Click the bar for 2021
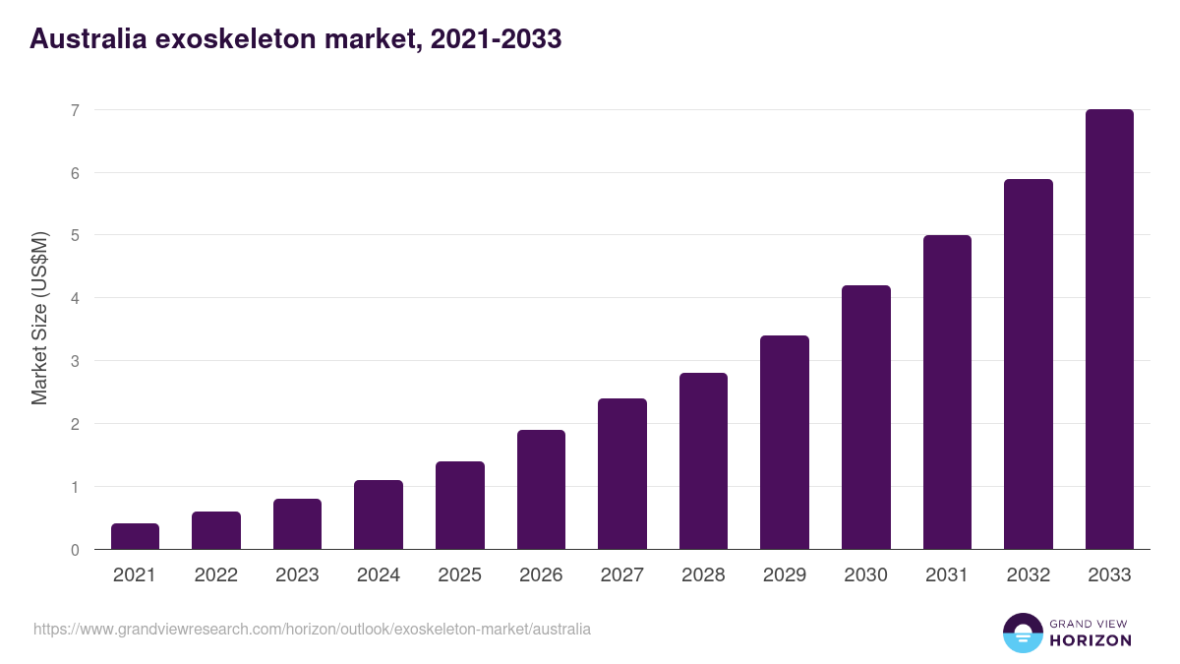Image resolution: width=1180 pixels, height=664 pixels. click(x=135, y=536)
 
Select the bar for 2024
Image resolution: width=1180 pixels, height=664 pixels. click(x=379, y=514)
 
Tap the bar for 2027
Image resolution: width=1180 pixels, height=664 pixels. click(x=622, y=473)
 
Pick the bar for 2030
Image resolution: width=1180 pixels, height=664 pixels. click(x=866, y=417)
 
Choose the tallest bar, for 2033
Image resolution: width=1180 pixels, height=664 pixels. click(x=1109, y=330)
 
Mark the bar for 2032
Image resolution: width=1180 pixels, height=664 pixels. click(x=1029, y=364)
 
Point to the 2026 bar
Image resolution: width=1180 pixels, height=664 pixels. click(x=541, y=489)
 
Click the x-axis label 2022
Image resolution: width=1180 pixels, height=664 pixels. click(x=215, y=575)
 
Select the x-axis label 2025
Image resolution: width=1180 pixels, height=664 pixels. click(x=459, y=575)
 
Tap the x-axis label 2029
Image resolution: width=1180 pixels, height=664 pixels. click(x=785, y=575)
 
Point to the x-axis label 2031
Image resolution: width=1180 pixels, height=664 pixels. click(x=947, y=575)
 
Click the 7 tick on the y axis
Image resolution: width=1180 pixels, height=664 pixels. click(x=75, y=110)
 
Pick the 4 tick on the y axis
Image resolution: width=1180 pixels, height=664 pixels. click(x=75, y=298)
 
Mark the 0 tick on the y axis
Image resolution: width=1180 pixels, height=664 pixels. click(x=75, y=550)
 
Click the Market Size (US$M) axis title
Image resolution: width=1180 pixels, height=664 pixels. click(x=39, y=318)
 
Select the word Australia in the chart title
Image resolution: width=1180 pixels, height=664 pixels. click(x=85, y=38)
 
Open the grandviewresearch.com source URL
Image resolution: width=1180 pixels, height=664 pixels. click(x=313, y=629)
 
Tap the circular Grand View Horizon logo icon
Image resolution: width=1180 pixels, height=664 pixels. click(x=1022, y=633)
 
